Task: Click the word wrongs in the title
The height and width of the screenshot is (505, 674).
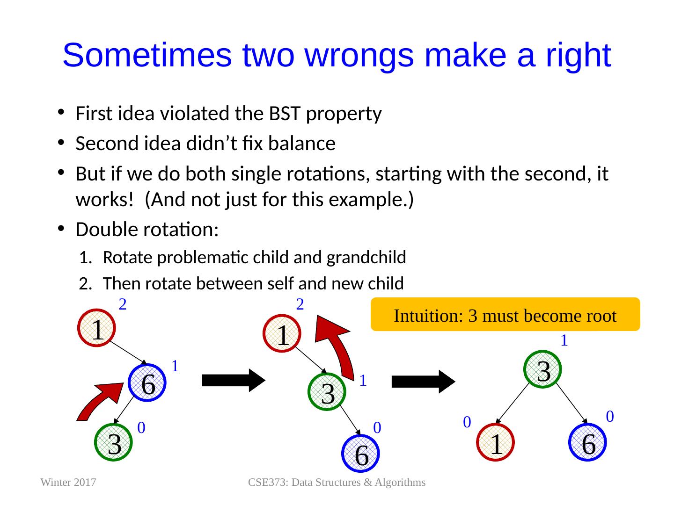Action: [x=359, y=56]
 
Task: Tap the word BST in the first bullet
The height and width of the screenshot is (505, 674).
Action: [x=284, y=113]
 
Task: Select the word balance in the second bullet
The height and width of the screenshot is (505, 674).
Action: [x=301, y=143]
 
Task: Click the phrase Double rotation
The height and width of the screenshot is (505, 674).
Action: [x=147, y=229]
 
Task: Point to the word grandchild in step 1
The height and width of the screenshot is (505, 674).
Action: [x=366, y=257]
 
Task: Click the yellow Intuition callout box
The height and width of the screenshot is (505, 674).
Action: [x=505, y=314]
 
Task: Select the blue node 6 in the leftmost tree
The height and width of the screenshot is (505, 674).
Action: [x=147, y=382]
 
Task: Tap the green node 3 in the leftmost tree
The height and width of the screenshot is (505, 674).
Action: [x=113, y=442]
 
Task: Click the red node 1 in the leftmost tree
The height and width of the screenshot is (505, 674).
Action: [x=96, y=328]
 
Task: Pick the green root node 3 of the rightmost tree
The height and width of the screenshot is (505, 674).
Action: [x=542, y=369]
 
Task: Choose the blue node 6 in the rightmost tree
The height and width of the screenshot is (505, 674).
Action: [x=587, y=442]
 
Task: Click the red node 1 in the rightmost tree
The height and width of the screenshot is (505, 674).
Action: [x=495, y=442]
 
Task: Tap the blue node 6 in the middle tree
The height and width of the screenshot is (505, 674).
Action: [x=360, y=454]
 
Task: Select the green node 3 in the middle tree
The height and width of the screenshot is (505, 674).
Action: [x=327, y=391]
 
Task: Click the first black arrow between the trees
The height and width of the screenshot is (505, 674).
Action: [x=234, y=381]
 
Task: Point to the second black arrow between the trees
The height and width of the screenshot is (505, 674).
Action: [x=424, y=382]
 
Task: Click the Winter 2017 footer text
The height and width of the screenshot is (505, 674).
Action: [x=68, y=482]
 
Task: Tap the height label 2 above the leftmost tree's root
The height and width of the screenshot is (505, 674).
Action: [x=123, y=304]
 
